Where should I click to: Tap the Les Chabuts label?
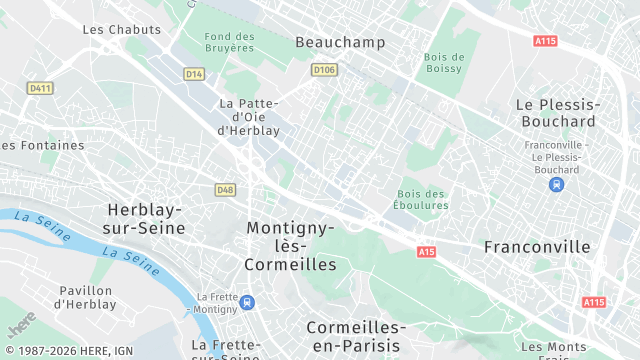[x=121, y=30]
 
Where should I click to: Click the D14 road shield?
[x=194, y=74]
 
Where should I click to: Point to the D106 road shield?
[x=323, y=70]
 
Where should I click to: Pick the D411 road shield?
[x=40, y=88]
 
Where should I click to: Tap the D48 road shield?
[x=225, y=189]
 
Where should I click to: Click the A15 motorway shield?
[x=427, y=251]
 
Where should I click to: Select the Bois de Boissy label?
[x=443, y=62]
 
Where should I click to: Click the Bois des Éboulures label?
[x=422, y=199]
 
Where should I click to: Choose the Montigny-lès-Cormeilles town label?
[x=290, y=246]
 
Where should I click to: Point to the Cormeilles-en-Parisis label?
[x=356, y=336]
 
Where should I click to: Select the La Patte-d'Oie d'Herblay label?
[x=248, y=116]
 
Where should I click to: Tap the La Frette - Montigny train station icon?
[x=246, y=302]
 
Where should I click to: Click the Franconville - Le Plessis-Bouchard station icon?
[x=557, y=184]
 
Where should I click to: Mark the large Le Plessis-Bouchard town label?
[x=557, y=112]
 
